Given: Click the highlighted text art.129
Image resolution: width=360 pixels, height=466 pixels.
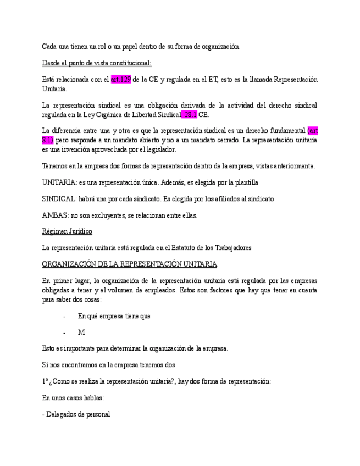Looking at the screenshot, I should click(x=120, y=80).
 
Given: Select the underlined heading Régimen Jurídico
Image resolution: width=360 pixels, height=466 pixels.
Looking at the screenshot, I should click(x=67, y=231).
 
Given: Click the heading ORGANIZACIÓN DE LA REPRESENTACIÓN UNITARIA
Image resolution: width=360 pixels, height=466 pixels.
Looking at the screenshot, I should click(x=129, y=264).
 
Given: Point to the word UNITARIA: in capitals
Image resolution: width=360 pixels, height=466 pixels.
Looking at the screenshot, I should click(x=59, y=182).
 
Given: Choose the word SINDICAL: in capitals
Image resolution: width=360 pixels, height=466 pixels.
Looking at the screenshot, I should click(x=59, y=198).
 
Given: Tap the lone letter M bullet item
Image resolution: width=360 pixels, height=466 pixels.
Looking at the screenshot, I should click(x=81, y=332).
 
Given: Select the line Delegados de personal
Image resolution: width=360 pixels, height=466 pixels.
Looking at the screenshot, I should click(x=76, y=414).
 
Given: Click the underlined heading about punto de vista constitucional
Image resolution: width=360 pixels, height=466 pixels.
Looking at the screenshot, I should click(x=97, y=63).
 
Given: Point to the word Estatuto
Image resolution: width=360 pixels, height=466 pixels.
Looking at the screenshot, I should click(x=182, y=248).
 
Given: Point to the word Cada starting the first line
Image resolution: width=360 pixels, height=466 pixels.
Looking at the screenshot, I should click(x=50, y=47).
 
